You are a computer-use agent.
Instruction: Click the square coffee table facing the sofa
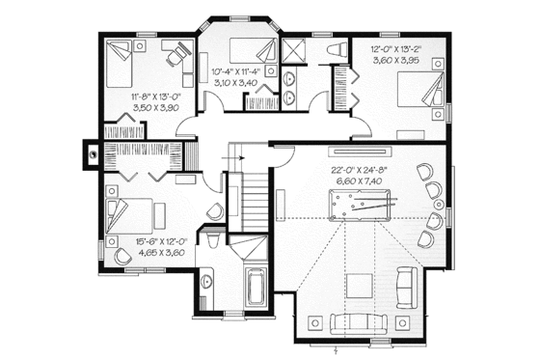coord(360,287)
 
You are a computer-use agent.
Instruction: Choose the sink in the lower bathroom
coord(209,280)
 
